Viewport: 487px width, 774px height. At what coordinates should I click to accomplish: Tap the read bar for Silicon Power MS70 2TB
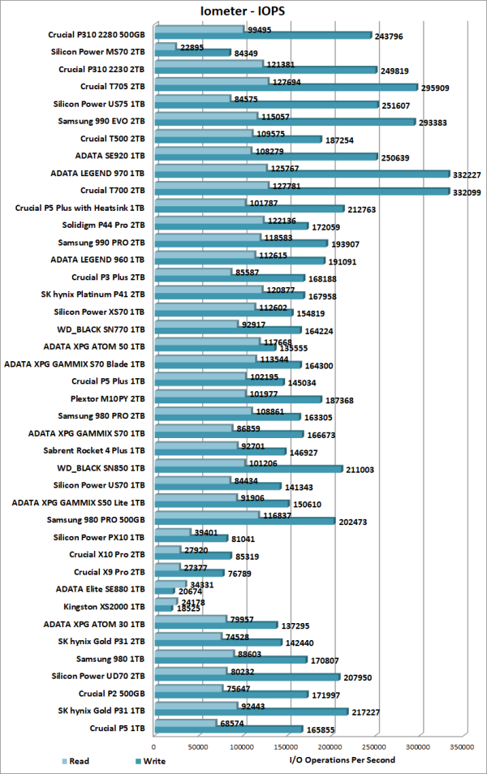(x=165, y=47)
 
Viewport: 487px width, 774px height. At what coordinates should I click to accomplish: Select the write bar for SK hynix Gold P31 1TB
(x=251, y=712)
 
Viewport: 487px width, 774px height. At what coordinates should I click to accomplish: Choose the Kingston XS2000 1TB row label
(x=104, y=606)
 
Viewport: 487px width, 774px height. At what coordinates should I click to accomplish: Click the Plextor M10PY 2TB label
(x=107, y=398)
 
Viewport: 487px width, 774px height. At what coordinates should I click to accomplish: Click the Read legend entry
(x=74, y=761)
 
